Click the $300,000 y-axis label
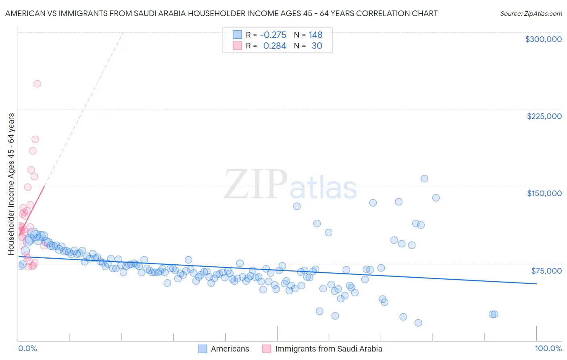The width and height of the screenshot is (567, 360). [543, 39]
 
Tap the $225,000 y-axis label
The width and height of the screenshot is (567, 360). [544, 116]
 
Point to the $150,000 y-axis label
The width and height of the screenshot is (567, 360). [544, 193]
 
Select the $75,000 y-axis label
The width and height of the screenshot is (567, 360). [546, 271]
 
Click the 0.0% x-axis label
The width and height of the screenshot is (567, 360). [27, 348]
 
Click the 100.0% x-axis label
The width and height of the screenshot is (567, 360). [548, 348]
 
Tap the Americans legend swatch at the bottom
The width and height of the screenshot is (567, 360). [202, 349]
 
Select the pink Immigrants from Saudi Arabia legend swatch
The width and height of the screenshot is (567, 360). [267, 349]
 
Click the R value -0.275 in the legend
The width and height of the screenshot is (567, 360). [273, 35]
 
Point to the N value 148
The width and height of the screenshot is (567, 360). [315, 35]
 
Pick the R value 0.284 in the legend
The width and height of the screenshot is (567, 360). [275, 46]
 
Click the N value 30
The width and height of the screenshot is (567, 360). [317, 46]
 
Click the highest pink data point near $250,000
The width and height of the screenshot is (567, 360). [37, 84]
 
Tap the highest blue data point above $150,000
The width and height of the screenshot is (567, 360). [424, 178]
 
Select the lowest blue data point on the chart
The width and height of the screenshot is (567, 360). [418, 323]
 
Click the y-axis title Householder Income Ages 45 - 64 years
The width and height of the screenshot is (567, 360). [11, 184]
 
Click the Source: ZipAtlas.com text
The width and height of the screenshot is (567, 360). [531, 14]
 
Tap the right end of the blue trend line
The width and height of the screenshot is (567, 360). [536, 284]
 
